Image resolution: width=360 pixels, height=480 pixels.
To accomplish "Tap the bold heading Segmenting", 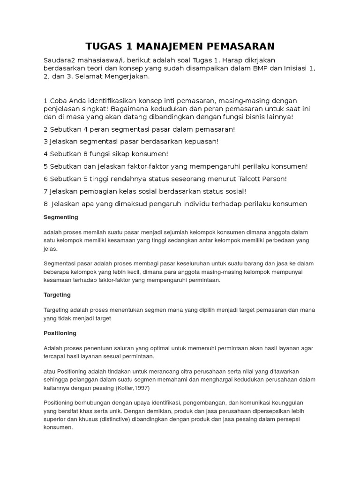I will coord(60,217).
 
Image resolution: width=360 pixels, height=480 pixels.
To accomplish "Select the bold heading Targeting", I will coord(57,294).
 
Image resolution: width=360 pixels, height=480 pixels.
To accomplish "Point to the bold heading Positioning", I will coord(60,333).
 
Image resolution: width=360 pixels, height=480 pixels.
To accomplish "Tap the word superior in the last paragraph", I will coord(55,419).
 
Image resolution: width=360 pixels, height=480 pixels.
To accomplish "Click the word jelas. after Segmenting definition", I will coord(51,248).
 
